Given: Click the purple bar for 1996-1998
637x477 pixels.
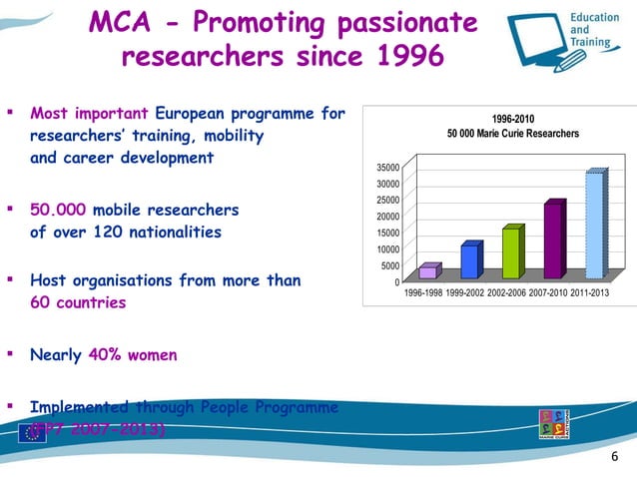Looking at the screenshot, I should (428, 271).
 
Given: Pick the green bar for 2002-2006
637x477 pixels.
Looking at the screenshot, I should (511, 252).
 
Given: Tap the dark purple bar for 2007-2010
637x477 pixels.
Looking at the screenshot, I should (553, 240).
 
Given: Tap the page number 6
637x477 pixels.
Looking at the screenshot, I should (614, 457).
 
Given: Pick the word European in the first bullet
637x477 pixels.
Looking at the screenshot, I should (208, 114).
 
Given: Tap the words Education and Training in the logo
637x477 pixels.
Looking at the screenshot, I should (594, 32).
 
